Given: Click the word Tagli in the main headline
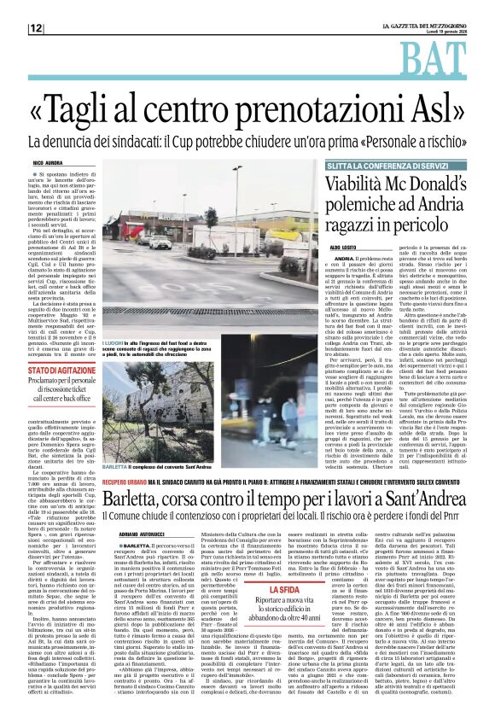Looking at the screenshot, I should [101, 109].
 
